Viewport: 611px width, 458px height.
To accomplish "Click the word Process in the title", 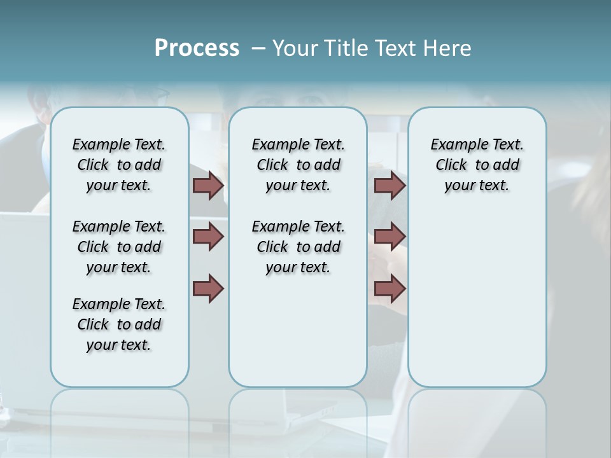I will pos(197,48).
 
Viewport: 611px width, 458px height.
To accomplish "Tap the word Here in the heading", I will pos(448,48).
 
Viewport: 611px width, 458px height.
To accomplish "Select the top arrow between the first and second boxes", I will pos(208,185).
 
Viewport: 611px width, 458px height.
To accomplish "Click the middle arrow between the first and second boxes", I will pos(208,237).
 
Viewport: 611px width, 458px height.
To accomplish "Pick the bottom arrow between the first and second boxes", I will pos(208,289).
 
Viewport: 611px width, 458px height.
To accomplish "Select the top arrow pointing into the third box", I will pos(390,185).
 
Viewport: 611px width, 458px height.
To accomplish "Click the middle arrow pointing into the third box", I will pos(390,237).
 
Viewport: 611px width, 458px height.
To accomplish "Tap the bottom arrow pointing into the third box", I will pos(390,289).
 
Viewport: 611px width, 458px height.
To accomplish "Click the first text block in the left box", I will pos(119,165).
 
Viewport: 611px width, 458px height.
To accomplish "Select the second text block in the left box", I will pos(119,247).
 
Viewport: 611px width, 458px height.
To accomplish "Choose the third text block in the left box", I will pos(119,324).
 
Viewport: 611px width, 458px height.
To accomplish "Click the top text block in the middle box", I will pos(298,165).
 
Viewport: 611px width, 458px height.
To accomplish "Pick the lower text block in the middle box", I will pos(298,247).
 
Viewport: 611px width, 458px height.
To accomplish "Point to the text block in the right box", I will pos(477,165).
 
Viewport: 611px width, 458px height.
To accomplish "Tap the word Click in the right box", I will pos(451,165).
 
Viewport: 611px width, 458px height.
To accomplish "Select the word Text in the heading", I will pos(393,48).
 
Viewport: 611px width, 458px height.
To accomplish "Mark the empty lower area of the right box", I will pos(477,293).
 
